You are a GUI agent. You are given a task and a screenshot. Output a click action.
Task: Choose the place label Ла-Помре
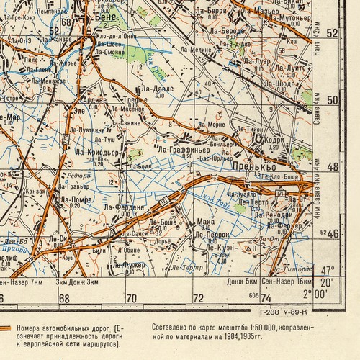click(x=76, y=199)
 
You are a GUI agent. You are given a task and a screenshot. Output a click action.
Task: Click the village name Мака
click(x=205, y=221)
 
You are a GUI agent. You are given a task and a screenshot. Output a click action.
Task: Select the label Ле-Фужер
click(x=127, y=265)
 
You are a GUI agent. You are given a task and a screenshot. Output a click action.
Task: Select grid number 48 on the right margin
click(x=332, y=166)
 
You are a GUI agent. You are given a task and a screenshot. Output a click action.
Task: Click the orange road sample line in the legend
click(x=6, y=328)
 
